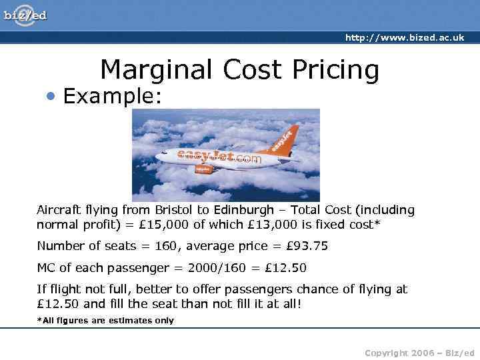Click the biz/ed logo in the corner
point(25,15)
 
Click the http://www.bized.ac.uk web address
point(405,38)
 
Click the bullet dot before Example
point(51,97)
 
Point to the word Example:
point(113,97)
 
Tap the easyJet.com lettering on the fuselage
point(219,157)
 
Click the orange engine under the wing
point(203,169)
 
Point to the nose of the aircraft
point(158,157)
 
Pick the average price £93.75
point(307,246)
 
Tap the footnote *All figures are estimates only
point(105,321)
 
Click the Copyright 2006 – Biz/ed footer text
point(419,352)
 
